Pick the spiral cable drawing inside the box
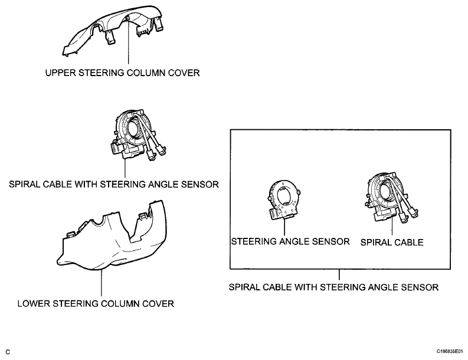tap(391, 198)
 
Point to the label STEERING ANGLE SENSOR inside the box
tap(290, 241)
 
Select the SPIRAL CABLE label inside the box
tap(392, 242)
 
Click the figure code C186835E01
tap(450, 351)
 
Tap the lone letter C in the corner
tap(8, 352)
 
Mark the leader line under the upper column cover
tap(128, 42)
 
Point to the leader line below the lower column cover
tap(102, 283)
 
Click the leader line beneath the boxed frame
tap(339, 274)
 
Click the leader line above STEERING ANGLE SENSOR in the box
tap(284, 227)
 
